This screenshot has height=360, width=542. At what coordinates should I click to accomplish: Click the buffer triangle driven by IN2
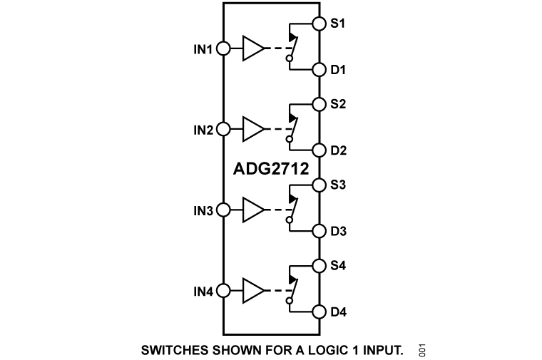point(253,129)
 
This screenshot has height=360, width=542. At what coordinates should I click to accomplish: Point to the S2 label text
point(338,104)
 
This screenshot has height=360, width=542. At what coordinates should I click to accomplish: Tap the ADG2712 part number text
point(271,169)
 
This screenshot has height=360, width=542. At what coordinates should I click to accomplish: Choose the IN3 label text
point(203,210)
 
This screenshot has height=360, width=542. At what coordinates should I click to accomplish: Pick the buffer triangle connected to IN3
point(253,210)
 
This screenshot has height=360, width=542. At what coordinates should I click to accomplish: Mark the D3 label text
point(339,231)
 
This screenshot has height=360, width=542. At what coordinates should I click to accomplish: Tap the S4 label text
point(338,265)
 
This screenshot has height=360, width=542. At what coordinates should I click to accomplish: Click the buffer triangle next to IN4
point(253,291)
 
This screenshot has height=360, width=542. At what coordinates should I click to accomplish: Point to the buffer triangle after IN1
point(253,48)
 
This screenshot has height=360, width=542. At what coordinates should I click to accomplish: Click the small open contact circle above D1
point(290,58)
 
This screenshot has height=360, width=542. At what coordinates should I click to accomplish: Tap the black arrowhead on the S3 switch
point(293,200)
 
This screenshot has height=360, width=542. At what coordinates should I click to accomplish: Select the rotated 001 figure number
point(422,350)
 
